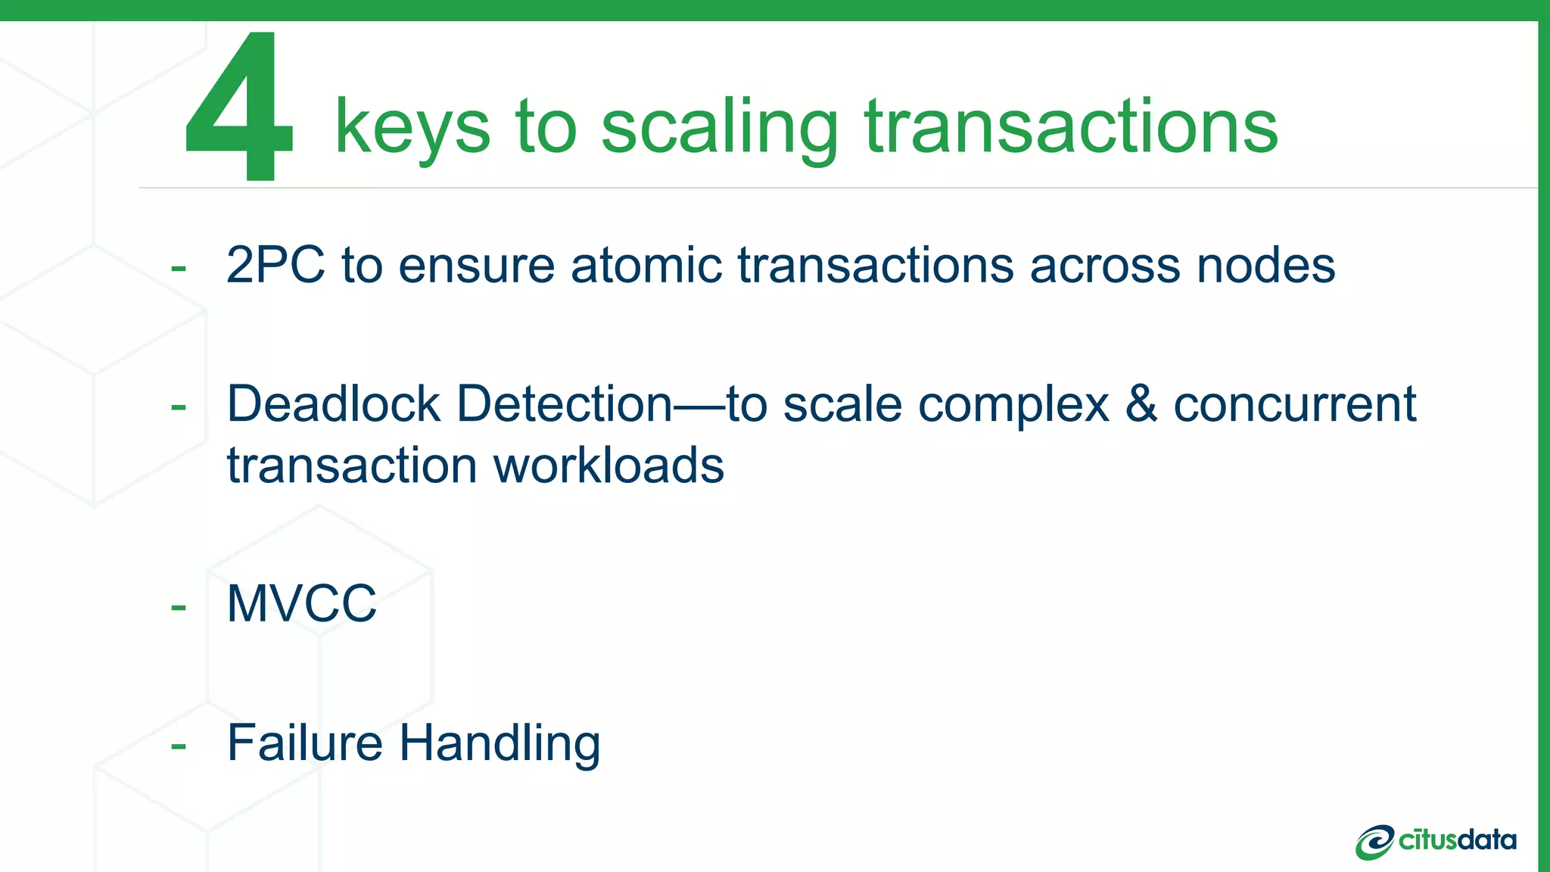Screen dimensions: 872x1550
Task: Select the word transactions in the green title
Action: pyautogui.click(x=1071, y=127)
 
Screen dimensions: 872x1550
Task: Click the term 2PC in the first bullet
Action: pyautogui.click(x=275, y=266)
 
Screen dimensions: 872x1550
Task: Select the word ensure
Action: pyautogui.click(x=477, y=266)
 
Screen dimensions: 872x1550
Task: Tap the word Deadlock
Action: pyautogui.click(x=333, y=403)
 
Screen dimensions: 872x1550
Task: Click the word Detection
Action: pyautogui.click(x=564, y=403)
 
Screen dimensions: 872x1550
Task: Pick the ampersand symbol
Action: pyautogui.click(x=1141, y=403)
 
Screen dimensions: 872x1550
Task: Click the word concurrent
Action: pyautogui.click(x=1294, y=403)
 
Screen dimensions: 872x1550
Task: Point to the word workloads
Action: pyautogui.click(x=608, y=465)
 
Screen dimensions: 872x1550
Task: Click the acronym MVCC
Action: pyautogui.click(x=301, y=604)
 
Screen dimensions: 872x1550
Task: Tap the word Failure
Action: pyautogui.click(x=304, y=743)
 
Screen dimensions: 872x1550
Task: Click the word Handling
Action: pyautogui.click(x=500, y=744)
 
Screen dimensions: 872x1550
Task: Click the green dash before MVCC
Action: pyautogui.click(x=179, y=607)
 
